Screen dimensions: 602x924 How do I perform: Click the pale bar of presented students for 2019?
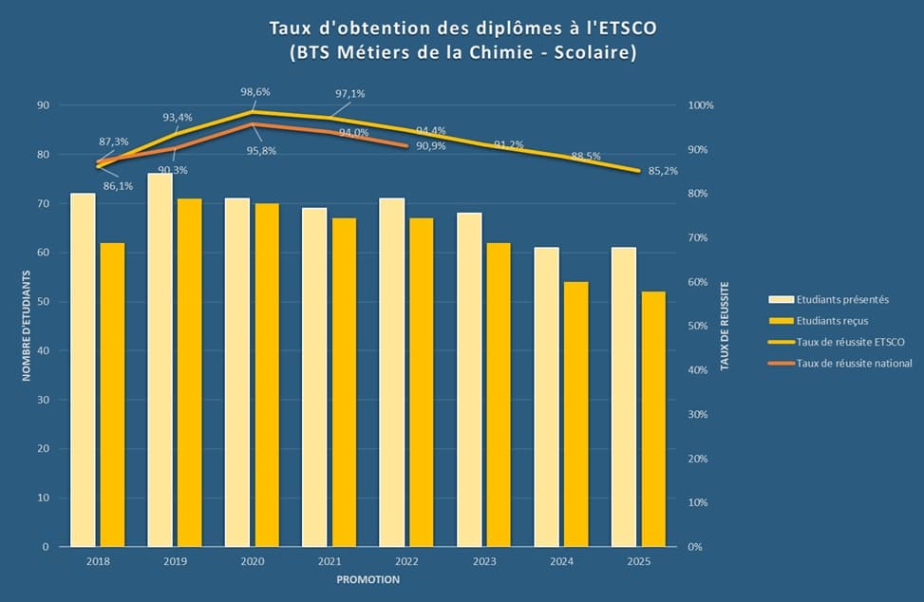[160, 361]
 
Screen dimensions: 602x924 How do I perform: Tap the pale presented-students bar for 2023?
[469, 380]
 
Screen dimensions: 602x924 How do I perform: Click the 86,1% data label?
[118, 186]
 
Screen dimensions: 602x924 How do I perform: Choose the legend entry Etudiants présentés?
[842, 299]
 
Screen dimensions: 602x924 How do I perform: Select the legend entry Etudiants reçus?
[832, 321]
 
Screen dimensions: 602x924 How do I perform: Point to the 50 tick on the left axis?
[43, 302]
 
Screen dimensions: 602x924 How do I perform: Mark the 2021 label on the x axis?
[330, 562]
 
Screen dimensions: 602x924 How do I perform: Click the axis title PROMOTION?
[368, 580]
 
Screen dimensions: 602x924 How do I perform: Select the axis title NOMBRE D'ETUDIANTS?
[27, 325]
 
